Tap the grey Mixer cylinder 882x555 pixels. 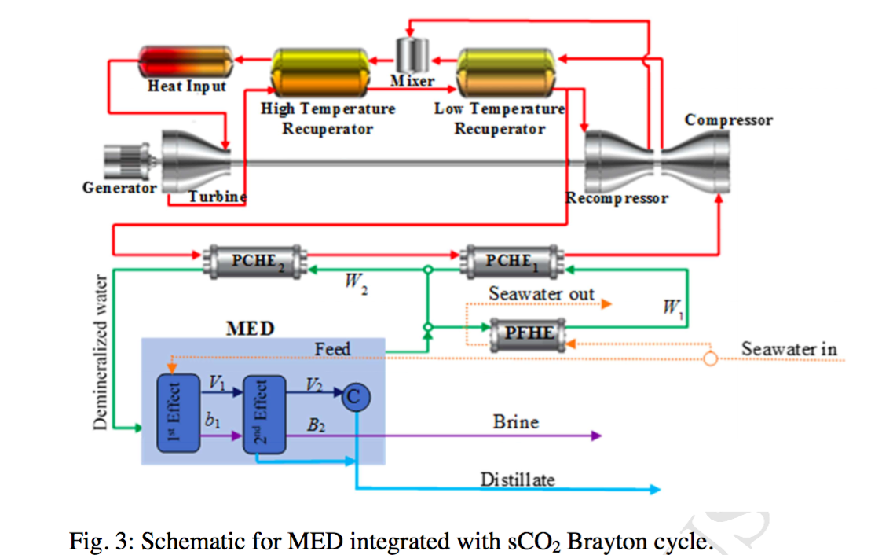click(413, 53)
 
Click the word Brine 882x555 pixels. click(515, 422)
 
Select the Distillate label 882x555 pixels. click(517, 479)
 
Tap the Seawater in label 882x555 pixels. click(789, 349)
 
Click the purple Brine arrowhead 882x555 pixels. click(596, 435)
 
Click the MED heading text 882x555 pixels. click(250, 329)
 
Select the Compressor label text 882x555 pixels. click(728, 120)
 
